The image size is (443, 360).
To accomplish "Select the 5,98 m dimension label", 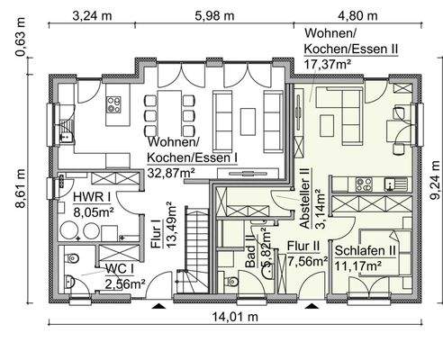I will [x=211, y=14].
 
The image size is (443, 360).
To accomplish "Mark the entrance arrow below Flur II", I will [x=312, y=307].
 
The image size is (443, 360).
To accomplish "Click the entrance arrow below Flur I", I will [x=159, y=307].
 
